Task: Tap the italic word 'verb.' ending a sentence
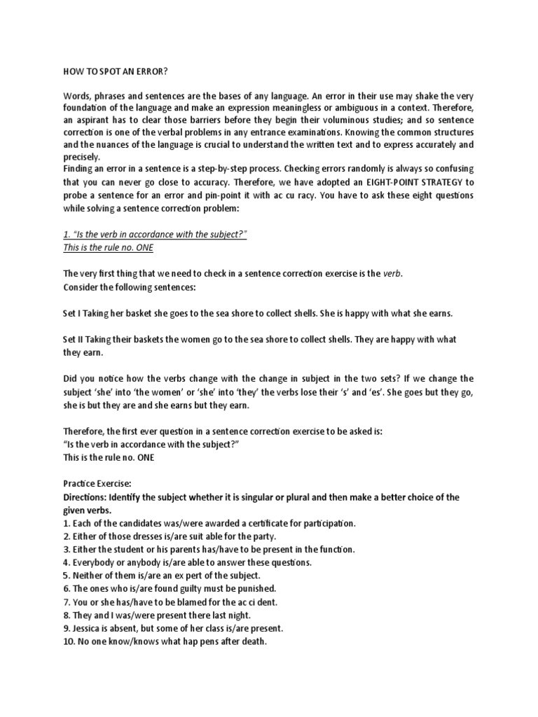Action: (394, 274)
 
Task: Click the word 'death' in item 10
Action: (251, 641)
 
